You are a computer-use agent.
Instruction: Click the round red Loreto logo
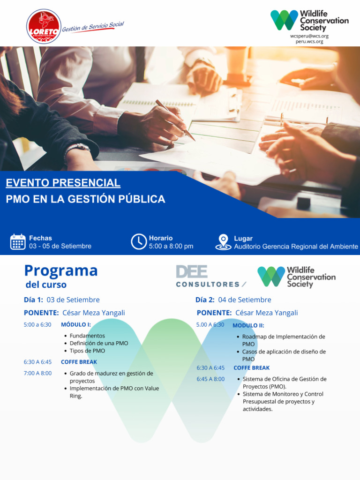(x=44, y=26)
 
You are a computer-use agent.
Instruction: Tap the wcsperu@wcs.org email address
(x=309, y=36)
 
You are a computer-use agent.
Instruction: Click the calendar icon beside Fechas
(x=18, y=242)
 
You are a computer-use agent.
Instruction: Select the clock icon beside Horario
(x=138, y=242)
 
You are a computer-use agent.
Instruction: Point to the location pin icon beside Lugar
(x=223, y=242)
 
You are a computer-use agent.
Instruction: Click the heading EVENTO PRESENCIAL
(x=63, y=183)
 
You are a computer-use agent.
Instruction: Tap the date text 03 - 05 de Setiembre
(x=60, y=246)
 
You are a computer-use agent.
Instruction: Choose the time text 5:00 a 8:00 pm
(x=171, y=246)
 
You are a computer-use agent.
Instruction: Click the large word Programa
(x=61, y=270)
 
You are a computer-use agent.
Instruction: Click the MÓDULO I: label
(x=76, y=324)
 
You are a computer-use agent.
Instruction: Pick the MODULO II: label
(x=248, y=325)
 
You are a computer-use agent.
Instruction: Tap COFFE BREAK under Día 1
(x=79, y=362)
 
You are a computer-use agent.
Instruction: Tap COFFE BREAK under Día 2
(x=252, y=368)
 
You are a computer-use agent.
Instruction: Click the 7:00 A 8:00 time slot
(x=37, y=373)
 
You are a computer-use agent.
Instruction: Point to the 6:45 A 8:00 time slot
(x=210, y=379)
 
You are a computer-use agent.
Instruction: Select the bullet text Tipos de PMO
(x=87, y=351)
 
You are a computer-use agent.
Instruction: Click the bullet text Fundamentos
(x=87, y=336)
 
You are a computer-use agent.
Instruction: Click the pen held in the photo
(x=175, y=120)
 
